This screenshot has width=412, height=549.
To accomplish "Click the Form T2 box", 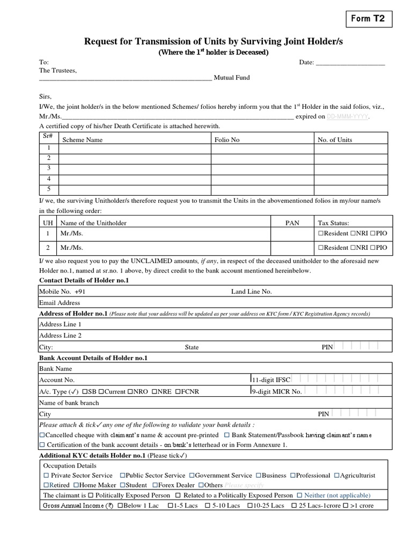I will pyautogui.click(x=367, y=19).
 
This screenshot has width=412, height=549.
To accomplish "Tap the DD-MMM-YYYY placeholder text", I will pyautogui.click(x=348, y=116).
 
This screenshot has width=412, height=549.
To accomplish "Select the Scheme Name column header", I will pyautogui.click(x=83, y=140).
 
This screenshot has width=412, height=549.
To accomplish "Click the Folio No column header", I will pyautogui.click(x=227, y=140).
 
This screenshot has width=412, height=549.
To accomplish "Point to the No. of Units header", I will pyautogui.click(x=335, y=140).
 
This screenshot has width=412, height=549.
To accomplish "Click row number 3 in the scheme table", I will pyautogui.click(x=49, y=168).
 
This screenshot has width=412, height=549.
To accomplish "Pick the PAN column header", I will pyautogui.click(x=292, y=222).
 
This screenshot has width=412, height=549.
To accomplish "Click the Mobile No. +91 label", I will pyautogui.click(x=62, y=292).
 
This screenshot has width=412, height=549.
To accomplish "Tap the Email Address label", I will pyautogui.click(x=60, y=303).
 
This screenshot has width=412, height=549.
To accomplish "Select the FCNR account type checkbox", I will pyautogui.click(x=178, y=391).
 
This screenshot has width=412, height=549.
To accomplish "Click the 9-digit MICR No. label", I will pyautogui.click(x=277, y=392).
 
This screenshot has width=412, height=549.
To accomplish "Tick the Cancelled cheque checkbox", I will pyautogui.click(x=42, y=434).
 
